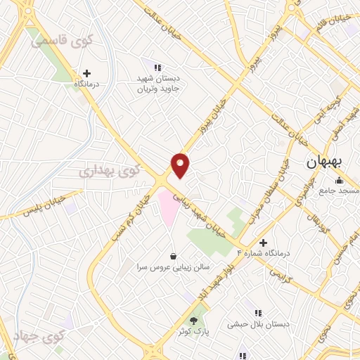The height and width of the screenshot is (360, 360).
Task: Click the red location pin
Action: (x=181, y=165)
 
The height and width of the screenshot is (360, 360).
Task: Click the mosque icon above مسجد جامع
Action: (x=340, y=181)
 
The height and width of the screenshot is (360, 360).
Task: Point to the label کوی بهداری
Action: (x=109, y=169)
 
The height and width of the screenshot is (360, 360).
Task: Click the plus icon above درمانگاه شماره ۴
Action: (x=263, y=242)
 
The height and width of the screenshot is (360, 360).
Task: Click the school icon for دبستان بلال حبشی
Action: (x=258, y=313)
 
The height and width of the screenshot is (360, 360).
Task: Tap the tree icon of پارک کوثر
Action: (x=193, y=319)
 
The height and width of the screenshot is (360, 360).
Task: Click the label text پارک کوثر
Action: (x=194, y=331)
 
